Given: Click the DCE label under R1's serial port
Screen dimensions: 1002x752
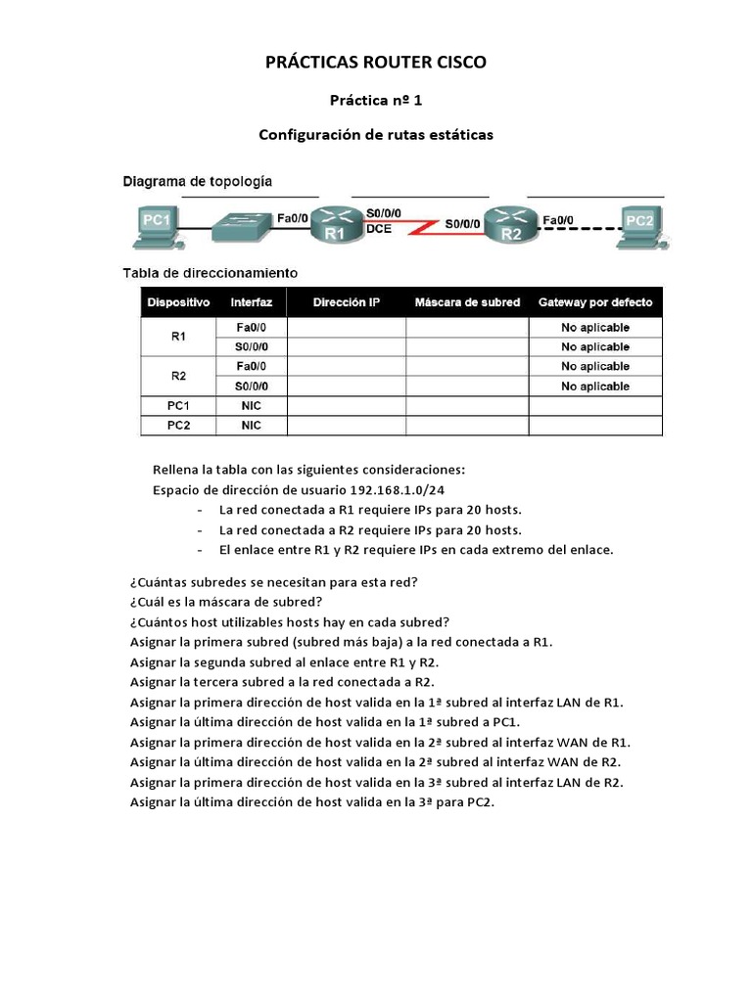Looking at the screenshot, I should pyautogui.click(x=378, y=231).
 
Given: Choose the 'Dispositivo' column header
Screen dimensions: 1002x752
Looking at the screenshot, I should pyautogui.click(x=178, y=303).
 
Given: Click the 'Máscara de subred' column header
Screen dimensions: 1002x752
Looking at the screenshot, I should pyautogui.click(x=467, y=303).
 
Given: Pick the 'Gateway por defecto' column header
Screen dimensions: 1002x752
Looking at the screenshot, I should pyautogui.click(x=595, y=303).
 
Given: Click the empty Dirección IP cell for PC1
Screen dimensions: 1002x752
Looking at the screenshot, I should pyautogui.click(x=347, y=406).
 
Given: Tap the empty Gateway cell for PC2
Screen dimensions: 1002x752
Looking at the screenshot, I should pyautogui.click(x=595, y=426).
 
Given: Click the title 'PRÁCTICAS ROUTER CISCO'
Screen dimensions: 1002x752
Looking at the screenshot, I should pyautogui.click(x=376, y=63).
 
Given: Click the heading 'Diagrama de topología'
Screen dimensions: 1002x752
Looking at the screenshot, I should pyautogui.click(x=197, y=181).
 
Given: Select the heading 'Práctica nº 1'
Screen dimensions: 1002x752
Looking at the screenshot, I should pyautogui.click(x=376, y=100).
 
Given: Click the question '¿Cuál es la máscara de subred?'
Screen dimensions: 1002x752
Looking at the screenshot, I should pyautogui.click(x=226, y=601).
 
